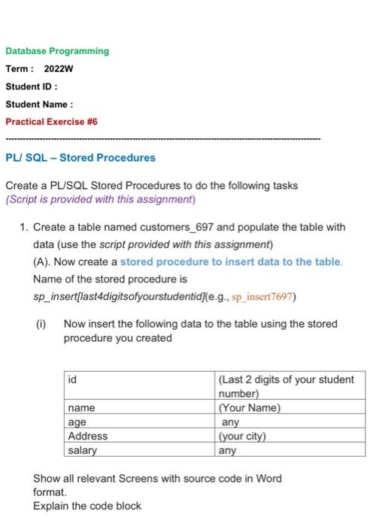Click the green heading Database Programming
(x=57, y=51)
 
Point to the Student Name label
(x=38, y=104)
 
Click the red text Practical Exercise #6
(x=51, y=121)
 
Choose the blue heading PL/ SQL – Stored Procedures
(x=80, y=158)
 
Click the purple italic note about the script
(x=99, y=199)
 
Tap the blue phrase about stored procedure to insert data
(x=231, y=262)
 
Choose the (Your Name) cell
(x=249, y=408)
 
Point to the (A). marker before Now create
(x=43, y=262)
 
